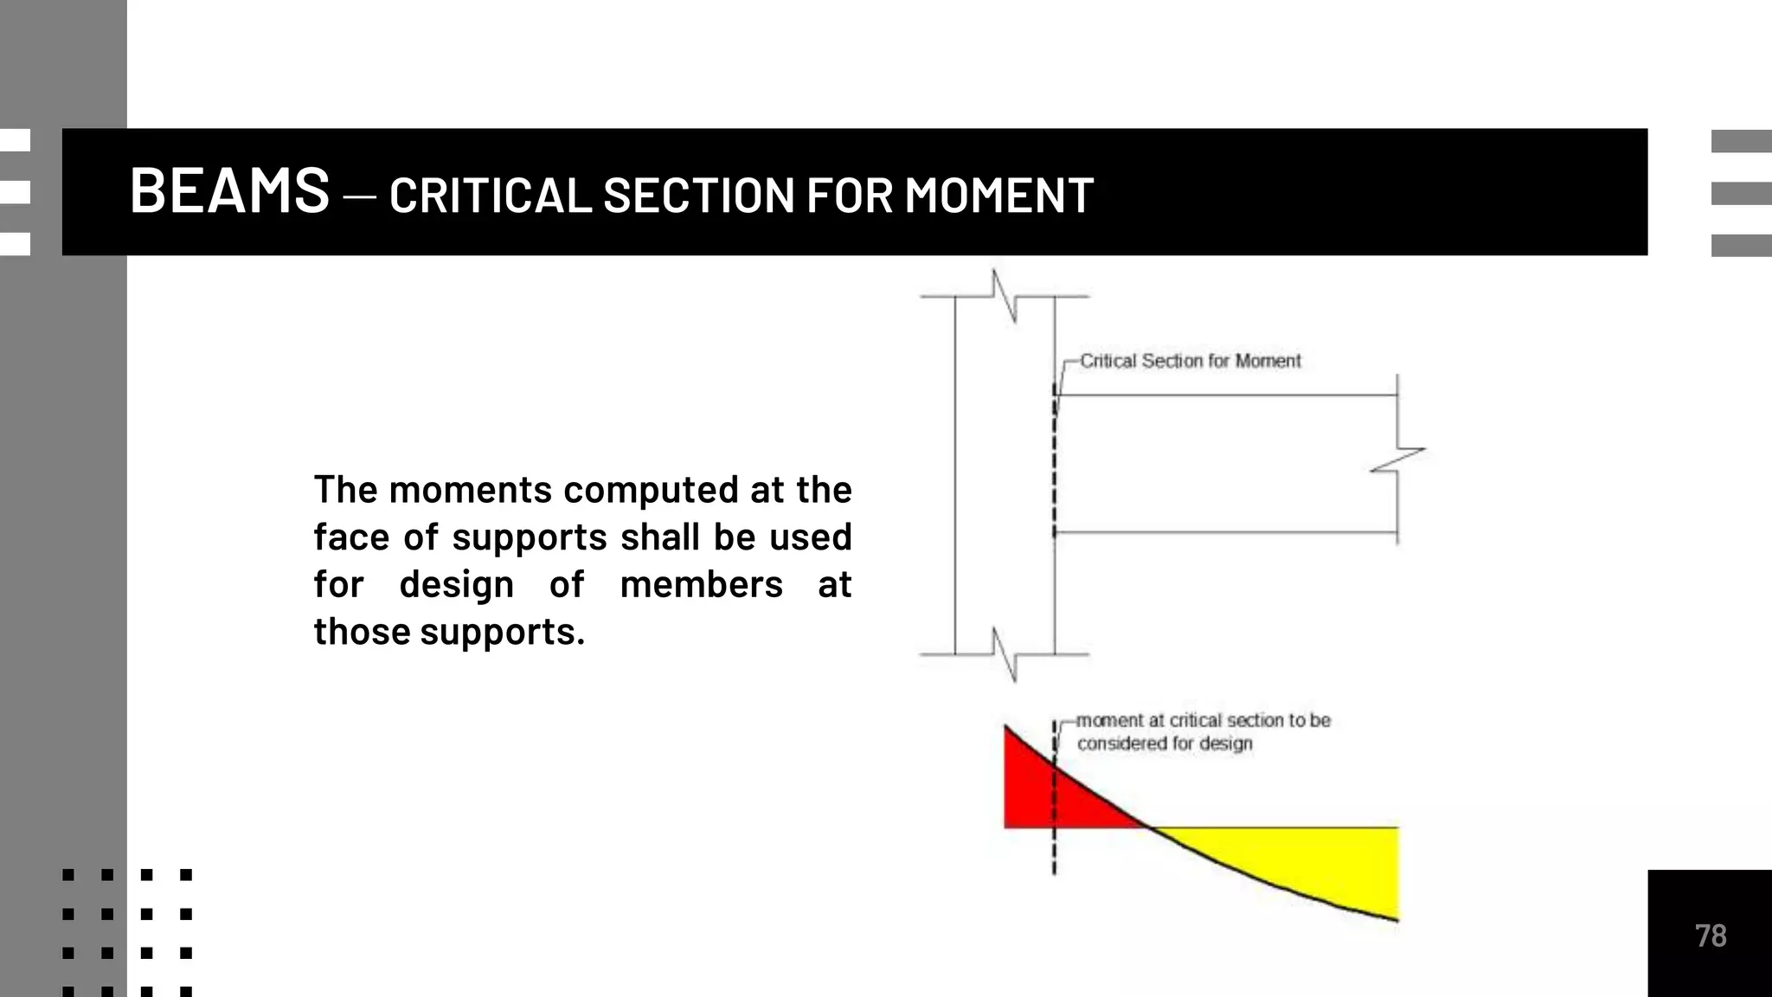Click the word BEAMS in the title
tap(229, 191)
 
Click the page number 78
tap(1710, 936)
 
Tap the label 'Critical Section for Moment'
tap(1190, 361)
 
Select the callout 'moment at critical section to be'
tap(1203, 720)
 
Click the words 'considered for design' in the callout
tap(1165, 743)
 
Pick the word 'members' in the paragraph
tap(701, 585)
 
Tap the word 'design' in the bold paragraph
tap(456, 585)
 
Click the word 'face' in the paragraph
tap(349, 537)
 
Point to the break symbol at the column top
tap(1005, 295)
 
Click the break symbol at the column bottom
tap(1005, 654)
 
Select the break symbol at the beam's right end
tap(1397, 460)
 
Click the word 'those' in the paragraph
tap(362, 632)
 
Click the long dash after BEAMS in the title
tap(359, 197)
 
